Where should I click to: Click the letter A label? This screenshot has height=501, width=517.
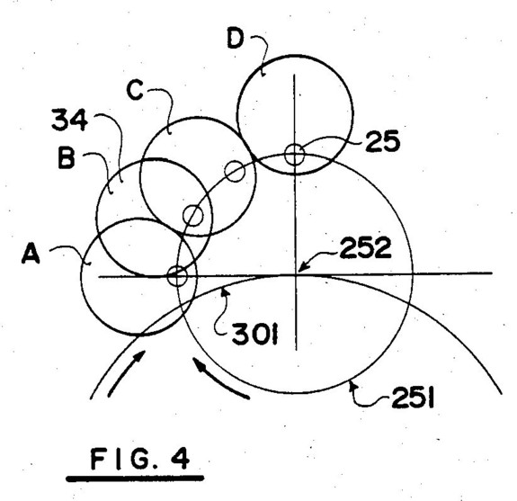[x=31, y=254]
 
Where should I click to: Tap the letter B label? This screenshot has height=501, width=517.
[x=67, y=158]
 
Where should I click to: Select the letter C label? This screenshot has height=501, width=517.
[x=135, y=90]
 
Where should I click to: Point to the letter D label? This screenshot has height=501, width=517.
[x=236, y=39]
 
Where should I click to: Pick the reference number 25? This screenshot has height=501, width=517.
[x=382, y=141]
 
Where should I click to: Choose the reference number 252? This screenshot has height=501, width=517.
[x=365, y=247]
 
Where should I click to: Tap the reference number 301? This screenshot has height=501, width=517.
[x=255, y=334]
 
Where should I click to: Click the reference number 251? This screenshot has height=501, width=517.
[x=413, y=398]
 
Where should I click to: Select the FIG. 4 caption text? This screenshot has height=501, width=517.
[x=140, y=459]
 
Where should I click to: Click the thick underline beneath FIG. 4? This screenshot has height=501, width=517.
[x=135, y=478]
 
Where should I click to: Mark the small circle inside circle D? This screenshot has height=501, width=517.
[x=294, y=155]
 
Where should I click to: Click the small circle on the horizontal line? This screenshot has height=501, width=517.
[x=177, y=276]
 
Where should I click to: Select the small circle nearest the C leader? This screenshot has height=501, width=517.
[x=235, y=171]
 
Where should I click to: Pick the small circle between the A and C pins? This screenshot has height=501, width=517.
[x=193, y=215]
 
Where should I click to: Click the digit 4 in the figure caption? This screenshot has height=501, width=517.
[x=181, y=459]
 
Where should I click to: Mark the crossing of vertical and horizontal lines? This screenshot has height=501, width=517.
[x=296, y=273]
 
